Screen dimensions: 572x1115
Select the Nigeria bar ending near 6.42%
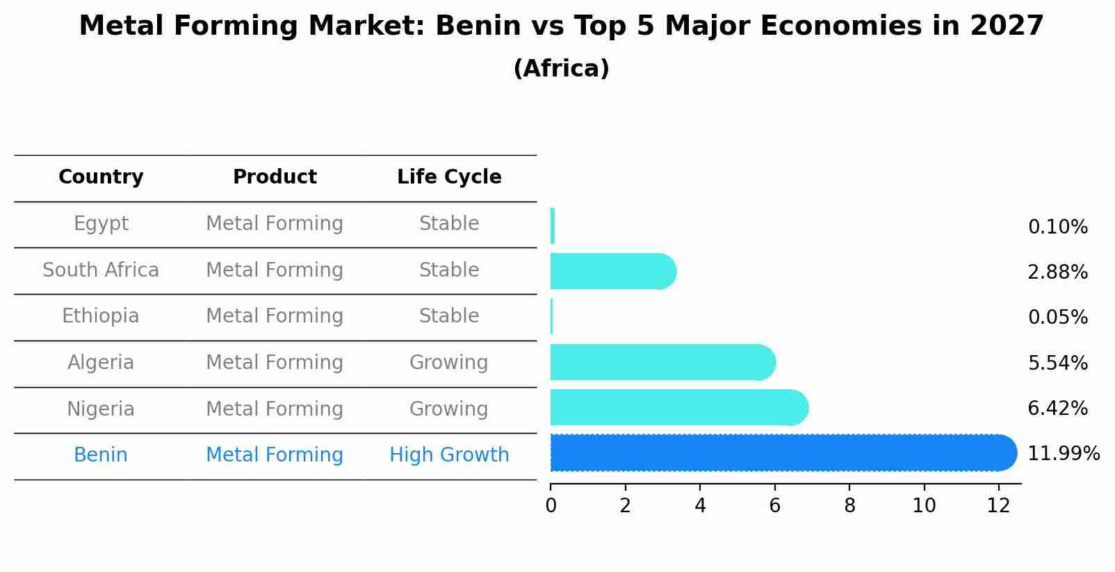click(678, 408)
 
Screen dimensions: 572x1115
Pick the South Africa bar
click(612, 271)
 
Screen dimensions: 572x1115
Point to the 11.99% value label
click(1063, 454)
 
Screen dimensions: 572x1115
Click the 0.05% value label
click(1057, 318)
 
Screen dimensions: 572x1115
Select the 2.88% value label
click(1057, 272)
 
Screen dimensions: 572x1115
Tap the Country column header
click(101, 177)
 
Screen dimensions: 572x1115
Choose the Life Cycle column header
click(449, 177)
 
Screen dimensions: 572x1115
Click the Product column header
click(275, 177)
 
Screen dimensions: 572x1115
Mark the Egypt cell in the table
click(101, 224)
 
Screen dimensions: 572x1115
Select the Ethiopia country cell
click(101, 316)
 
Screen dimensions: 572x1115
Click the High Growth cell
click(449, 455)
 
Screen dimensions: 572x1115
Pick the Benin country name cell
click(101, 455)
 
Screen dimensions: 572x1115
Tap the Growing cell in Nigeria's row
click(449, 409)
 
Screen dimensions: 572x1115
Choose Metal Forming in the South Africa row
click(275, 270)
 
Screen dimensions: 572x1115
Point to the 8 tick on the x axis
click(849, 506)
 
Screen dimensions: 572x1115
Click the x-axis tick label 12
click(998, 506)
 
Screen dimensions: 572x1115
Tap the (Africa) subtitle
click(561, 69)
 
